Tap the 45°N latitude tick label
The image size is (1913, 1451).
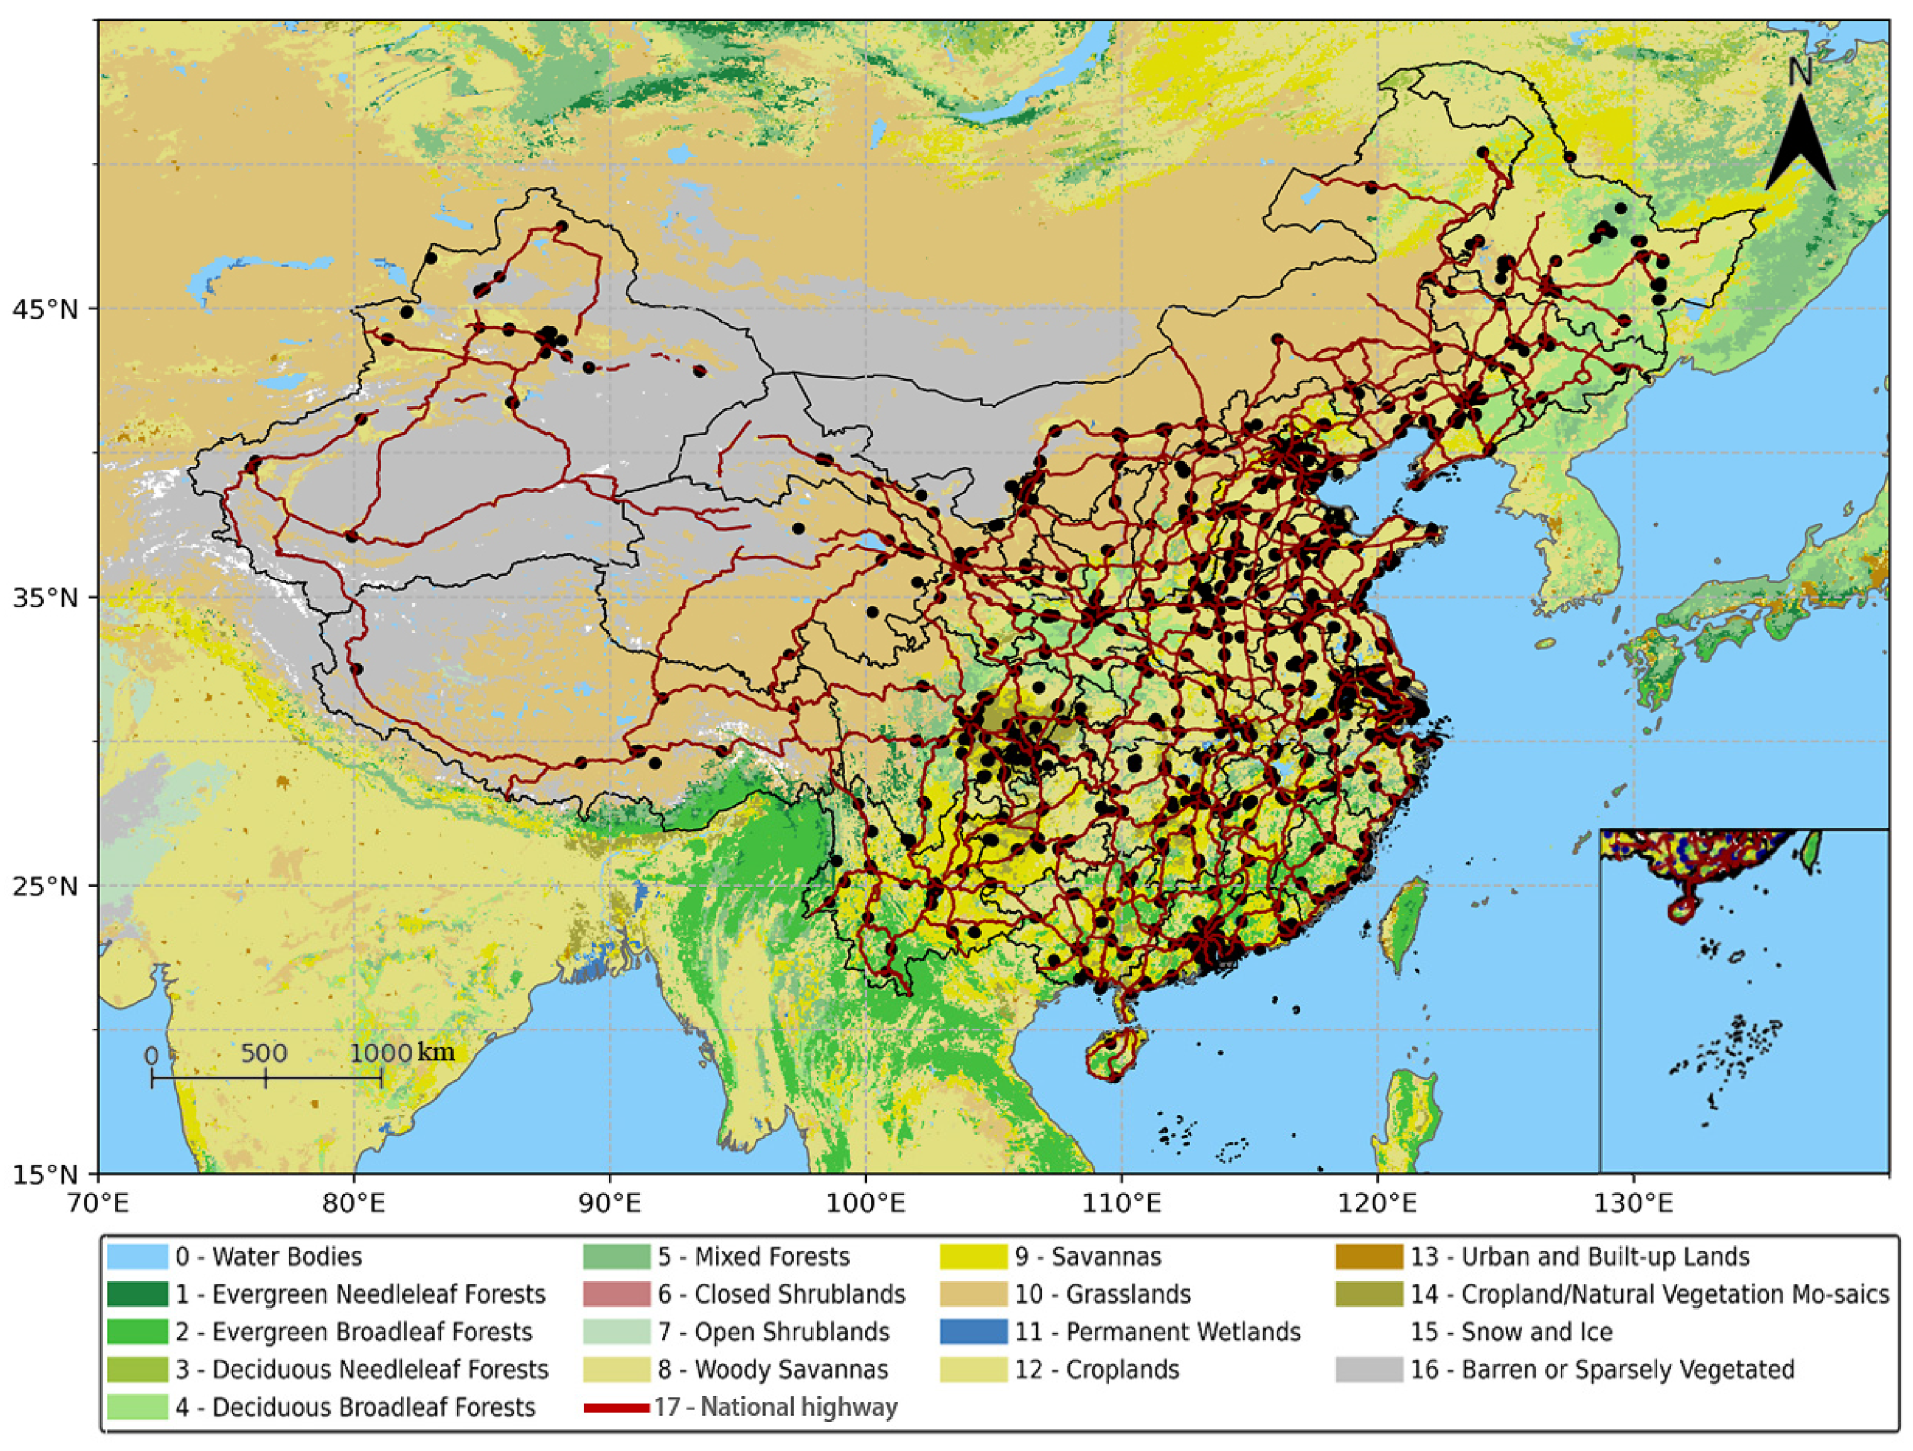pos(44,309)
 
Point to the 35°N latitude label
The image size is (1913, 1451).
pos(44,597)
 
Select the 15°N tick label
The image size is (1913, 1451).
pos(44,1174)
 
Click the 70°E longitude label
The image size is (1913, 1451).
pos(98,1203)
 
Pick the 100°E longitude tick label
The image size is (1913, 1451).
pos(865,1203)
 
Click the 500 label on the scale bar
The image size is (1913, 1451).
pos(264,1053)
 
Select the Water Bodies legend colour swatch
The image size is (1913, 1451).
pos(137,1257)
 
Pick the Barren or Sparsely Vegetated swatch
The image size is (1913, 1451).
pos(1368,1370)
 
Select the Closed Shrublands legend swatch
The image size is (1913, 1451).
pos(616,1294)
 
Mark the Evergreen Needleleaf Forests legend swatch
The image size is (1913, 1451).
pos(137,1294)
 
